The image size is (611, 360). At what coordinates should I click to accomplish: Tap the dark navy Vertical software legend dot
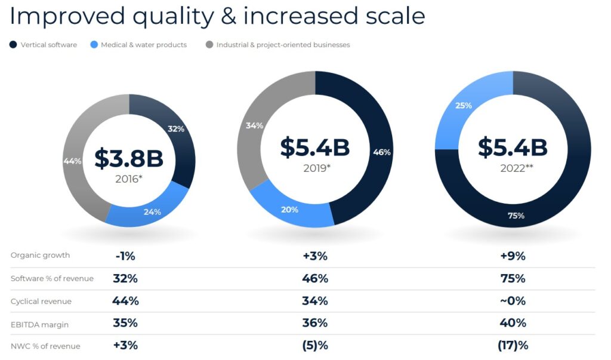pyautogui.click(x=13, y=45)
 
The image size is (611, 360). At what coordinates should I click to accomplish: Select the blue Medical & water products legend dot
pyautogui.click(x=94, y=45)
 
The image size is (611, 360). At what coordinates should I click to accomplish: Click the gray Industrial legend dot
pyautogui.click(x=209, y=45)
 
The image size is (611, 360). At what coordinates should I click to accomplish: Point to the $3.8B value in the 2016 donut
pyautogui.click(x=129, y=158)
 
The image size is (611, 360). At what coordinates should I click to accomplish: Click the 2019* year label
pyautogui.click(x=317, y=168)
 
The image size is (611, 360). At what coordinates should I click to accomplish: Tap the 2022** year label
pyautogui.click(x=517, y=168)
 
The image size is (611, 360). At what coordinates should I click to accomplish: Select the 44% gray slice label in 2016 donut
pyautogui.click(x=72, y=161)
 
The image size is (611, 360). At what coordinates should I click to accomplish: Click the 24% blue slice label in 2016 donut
pyautogui.click(x=152, y=212)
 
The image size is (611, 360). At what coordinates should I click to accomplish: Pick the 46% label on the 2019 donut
pyautogui.click(x=382, y=152)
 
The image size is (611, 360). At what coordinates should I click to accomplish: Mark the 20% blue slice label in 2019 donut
pyautogui.click(x=289, y=210)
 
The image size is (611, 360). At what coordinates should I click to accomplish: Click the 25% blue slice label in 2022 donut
pyautogui.click(x=463, y=105)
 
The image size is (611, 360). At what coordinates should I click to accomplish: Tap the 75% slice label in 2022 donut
pyautogui.click(x=516, y=216)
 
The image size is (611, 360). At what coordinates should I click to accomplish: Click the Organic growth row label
pyautogui.click(x=40, y=256)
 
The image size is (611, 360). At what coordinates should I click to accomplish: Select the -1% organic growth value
pyautogui.click(x=125, y=256)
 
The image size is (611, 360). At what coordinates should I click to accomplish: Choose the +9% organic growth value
pyautogui.click(x=513, y=256)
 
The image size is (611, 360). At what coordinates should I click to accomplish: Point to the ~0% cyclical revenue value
pyautogui.click(x=513, y=301)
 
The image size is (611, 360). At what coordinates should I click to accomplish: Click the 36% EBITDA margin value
pyautogui.click(x=315, y=323)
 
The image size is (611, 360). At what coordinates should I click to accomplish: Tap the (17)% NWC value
pyautogui.click(x=513, y=346)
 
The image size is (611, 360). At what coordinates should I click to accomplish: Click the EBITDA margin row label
pyautogui.click(x=39, y=325)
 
